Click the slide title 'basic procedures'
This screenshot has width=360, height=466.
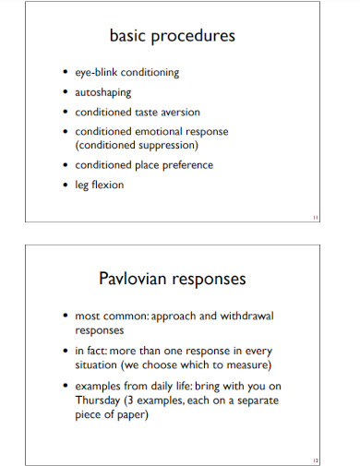pyautogui.click(x=173, y=37)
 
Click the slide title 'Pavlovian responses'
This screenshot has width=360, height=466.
pyautogui.click(x=173, y=278)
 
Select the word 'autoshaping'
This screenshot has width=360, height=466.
pyautogui.click(x=102, y=92)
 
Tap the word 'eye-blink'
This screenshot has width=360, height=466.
pyautogui.click(x=97, y=72)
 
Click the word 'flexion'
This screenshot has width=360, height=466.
pyautogui.click(x=107, y=185)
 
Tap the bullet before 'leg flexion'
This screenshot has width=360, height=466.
pyautogui.click(x=65, y=185)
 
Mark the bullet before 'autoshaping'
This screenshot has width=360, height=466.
pyautogui.click(x=65, y=92)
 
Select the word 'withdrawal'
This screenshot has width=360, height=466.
pyautogui.click(x=247, y=315)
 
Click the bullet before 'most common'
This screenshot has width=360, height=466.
pyautogui.click(x=65, y=316)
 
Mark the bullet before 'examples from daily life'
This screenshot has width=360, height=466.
pyautogui.click(x=65, y=387)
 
